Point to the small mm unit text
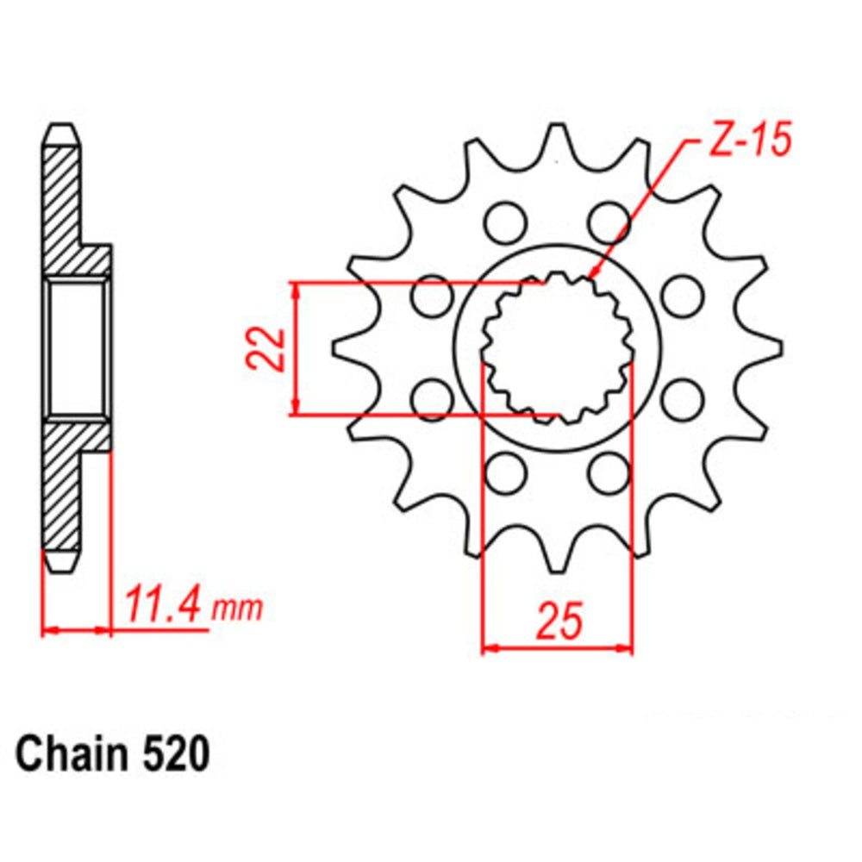(236, 609)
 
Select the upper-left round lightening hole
(502, 222)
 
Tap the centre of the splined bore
(557, 348)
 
